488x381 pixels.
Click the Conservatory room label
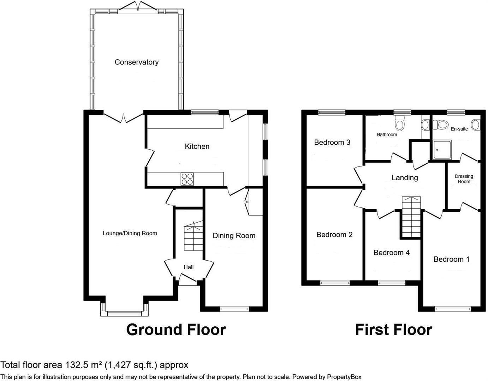pyautogui.click(x=136, y=62)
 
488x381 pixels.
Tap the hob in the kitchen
pyautogui.click(x=187, y=179)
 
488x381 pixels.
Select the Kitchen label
pyautogui.click(x=197, y=146)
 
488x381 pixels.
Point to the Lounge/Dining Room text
pyautogui.click(x=130, y=233)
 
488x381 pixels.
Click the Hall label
pyautogui.click(x=189, y=267)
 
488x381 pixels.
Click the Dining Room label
pyautogui.click(x=234, y=236)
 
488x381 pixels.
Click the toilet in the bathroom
pyautogui.click(x=400, y=125)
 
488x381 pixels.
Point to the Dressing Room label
pyautogui.click(x=464, y=179)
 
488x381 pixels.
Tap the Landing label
pyautogui.click(x=405, y=177)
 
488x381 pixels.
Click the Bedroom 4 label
pyautogui.click(x=391, y=253)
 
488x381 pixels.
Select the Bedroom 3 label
pyautogui.click(x=332, y=142)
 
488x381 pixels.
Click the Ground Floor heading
pyautogui.click(x=176, y=329)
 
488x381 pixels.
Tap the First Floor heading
pyautogui.click(x=393, y=329)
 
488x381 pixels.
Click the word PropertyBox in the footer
pyautogui.click(x=344, y=377)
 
